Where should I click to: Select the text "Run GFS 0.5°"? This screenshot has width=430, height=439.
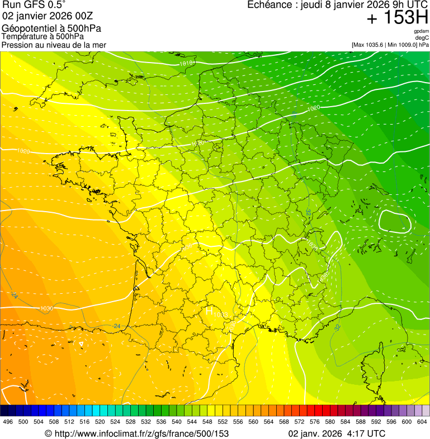click(34, 5)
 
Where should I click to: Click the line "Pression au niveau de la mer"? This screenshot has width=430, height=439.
click(54, 45)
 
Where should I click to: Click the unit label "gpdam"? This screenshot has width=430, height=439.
click(421, 31)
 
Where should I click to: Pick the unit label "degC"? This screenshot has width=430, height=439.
click(422, 37)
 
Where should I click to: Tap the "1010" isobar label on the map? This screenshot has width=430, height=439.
click(187, 64)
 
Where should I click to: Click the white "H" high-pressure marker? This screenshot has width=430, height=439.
click(209, 311)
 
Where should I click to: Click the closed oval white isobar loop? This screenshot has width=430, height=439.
click(395, 221)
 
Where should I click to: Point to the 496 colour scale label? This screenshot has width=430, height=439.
click(8, 422)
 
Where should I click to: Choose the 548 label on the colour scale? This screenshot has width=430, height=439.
click(207, 422)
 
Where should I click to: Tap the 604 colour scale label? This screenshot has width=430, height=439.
click(422, 422)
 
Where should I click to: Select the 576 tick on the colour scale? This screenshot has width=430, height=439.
click(315, 422)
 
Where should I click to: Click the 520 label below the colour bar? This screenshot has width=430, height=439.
click(100, 422)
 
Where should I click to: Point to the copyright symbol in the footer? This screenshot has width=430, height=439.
click(48, 433)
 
